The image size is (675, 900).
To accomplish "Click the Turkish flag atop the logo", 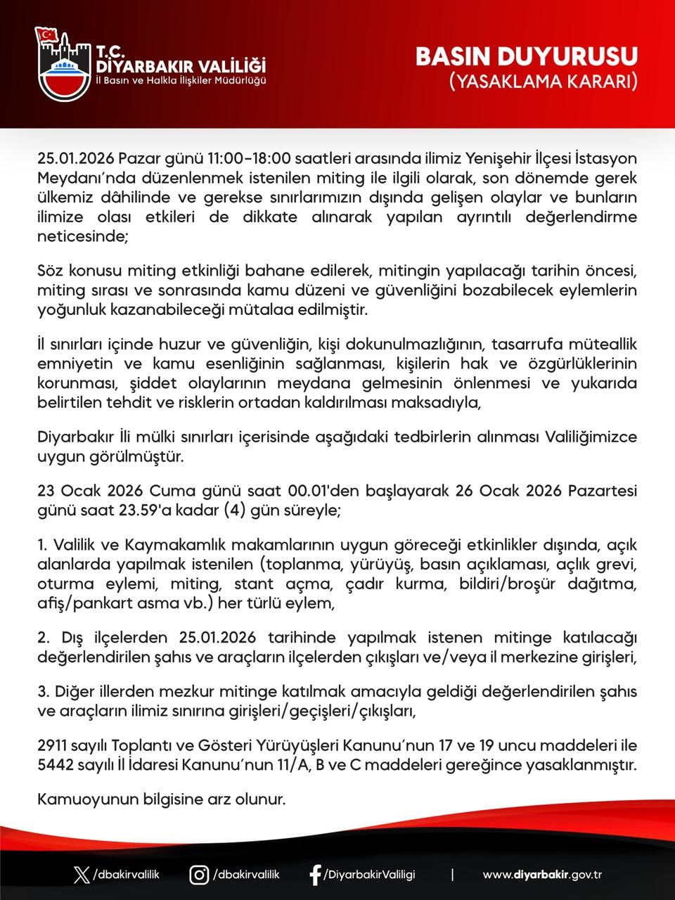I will point(47,34).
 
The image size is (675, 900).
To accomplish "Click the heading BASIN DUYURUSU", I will point(527,57).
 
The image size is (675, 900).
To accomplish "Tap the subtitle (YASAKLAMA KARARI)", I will point(544,82).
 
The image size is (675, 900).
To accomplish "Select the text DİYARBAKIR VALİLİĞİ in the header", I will point(181,66).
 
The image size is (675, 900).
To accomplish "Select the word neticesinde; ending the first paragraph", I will point(83,236).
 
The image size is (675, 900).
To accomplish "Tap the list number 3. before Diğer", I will point(43,692).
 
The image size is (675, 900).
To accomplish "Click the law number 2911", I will point(54,745).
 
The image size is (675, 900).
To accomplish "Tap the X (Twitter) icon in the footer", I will point(82,875).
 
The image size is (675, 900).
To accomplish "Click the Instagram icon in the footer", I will point(199,875).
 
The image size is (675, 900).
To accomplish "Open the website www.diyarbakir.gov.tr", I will point(542,875).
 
